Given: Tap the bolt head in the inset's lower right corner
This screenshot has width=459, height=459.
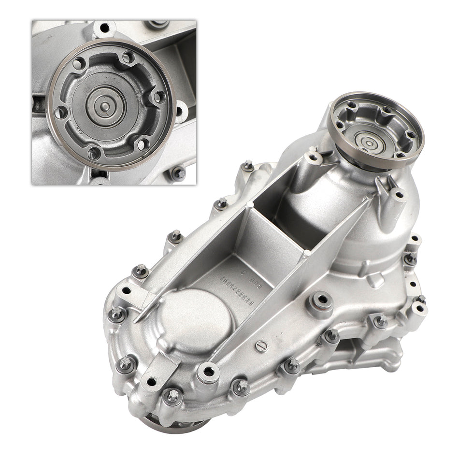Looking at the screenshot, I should pos(177,172).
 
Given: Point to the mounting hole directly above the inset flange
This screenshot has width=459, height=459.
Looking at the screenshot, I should pos(104,28).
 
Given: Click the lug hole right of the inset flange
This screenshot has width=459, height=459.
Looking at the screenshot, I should pos(180,111).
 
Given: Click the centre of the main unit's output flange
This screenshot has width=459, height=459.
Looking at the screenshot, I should pos(368,143).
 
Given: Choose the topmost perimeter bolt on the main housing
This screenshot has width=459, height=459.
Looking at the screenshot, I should pos(248,166).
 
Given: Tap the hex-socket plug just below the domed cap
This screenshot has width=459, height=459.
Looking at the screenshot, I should pos(209,372).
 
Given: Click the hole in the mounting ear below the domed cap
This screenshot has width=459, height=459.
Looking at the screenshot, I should pos(151,382).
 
